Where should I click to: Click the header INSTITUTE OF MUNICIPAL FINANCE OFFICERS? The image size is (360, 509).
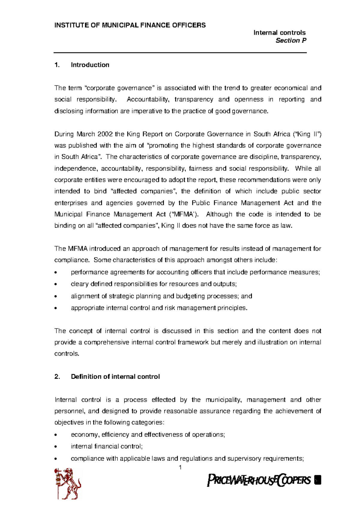point(130,25)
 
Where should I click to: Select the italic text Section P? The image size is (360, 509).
point(291,40)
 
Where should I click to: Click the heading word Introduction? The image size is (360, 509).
point(90,65)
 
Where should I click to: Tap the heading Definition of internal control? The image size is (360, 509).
point(115,377)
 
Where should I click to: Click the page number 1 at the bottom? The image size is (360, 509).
point(180,467)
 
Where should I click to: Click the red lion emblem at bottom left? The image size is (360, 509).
point(68,483)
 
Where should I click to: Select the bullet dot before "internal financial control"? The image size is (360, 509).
point(56,447)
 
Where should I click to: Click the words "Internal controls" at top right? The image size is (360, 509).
point(279,33)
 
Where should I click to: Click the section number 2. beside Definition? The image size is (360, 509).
point(57,377)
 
